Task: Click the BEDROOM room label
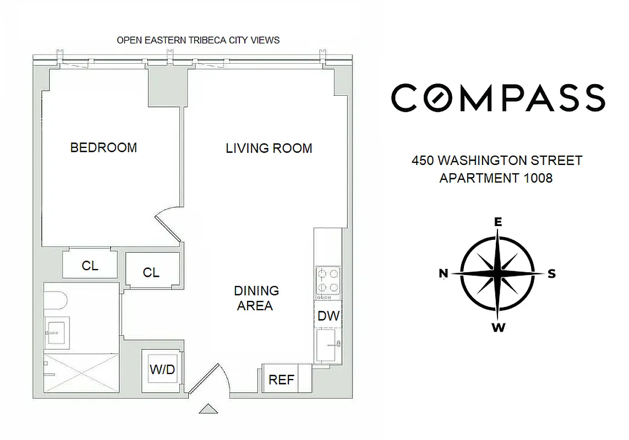[x=103, y=147]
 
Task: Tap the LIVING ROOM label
[x=269, y=148]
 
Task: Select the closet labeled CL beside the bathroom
[x=90, y=265]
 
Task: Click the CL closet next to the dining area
[x=151, y=272]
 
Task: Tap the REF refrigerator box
[x=281, y=380]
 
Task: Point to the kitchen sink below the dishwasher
[x=329, y=345]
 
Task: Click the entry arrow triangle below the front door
[x=209, y=408]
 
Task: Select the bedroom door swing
[x=169, y=222]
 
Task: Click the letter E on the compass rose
[x=497, y=222]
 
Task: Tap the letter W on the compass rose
[x=497, y=328]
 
